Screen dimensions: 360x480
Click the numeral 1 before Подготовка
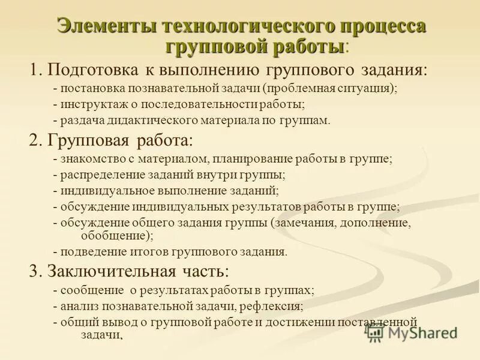34,70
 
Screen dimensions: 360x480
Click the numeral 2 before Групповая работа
34,142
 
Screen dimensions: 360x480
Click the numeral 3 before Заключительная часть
34,271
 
